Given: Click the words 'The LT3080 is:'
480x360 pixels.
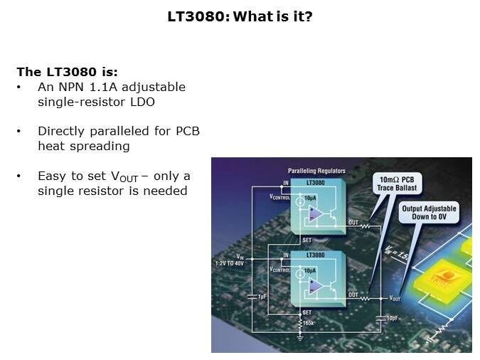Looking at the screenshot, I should (x=67, y=72).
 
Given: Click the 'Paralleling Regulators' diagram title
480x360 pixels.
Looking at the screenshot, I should (x=316, y=171).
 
